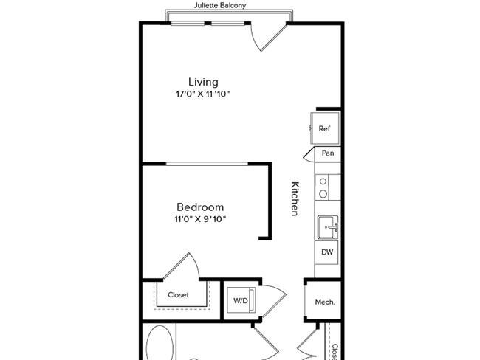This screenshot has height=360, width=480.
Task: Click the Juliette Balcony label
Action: click(220, 5)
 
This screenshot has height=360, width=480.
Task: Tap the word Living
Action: click(203, 83)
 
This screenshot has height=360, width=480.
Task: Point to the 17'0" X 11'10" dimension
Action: click(203, 94)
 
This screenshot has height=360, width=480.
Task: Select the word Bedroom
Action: click(200, 207)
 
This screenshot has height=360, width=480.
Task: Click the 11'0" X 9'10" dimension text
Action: click(200, 219)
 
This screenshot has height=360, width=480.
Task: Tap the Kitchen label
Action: click(295, 198)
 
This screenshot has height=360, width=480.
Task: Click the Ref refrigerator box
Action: click(325, 128)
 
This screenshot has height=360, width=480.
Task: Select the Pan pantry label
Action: click(328, 153)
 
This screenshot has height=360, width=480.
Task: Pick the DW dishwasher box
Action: click(327, 252)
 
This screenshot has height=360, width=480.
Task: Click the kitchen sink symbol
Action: click(328, 227)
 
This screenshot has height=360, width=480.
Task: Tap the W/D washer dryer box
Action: click(241, 300)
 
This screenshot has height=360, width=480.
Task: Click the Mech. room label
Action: click(325, 302)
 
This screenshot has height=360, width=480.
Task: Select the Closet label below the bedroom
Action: click(178, 295)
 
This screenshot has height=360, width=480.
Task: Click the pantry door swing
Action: click(309, 154)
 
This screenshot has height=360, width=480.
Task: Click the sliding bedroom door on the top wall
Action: click(207, 164)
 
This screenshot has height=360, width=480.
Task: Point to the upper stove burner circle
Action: click(323, 181)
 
